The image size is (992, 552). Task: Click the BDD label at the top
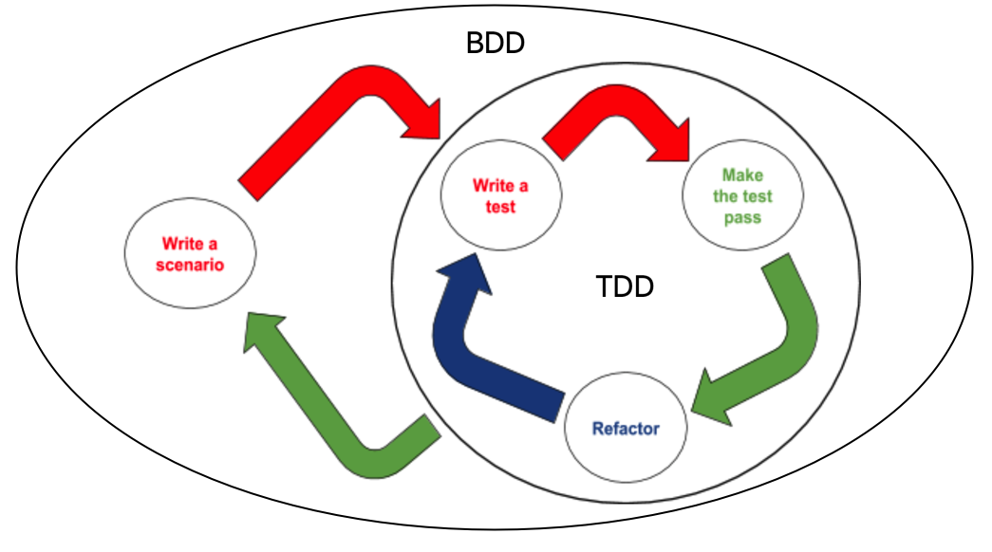(x=495, y=44)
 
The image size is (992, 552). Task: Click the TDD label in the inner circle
(x=625, y=286)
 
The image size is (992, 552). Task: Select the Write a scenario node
(x=190, y=253)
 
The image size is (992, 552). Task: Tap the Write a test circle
(x=500, y=196)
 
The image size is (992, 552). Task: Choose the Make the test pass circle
(x=742, y=196)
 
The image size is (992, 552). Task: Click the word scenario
(x=190, y=265)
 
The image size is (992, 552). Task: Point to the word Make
(x=742, y=175)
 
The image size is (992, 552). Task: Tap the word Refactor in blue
(x=625, y=428)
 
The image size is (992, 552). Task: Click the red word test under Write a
(x=500, y=206)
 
